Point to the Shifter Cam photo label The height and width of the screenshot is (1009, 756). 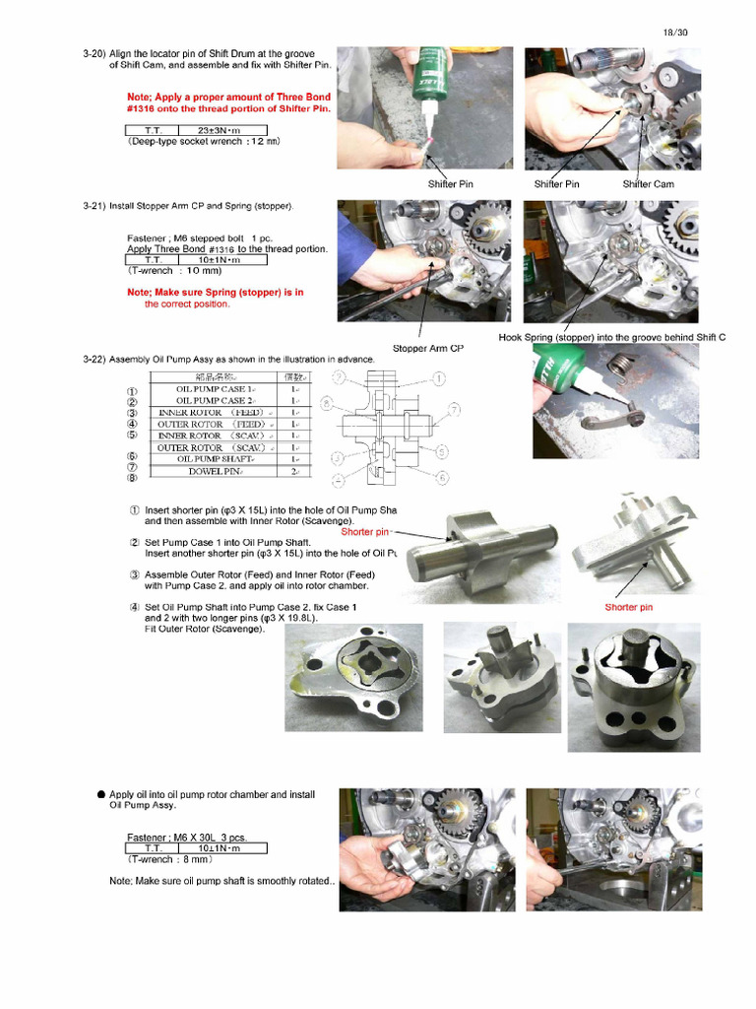click(x=648, y=183)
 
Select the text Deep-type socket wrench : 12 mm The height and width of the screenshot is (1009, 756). click(x=204, y=142)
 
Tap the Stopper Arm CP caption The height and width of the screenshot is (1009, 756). click(x=427, y=348)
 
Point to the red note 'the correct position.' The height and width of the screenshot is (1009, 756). click(x=187, y=304)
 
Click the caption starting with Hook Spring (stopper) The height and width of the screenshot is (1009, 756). click(x=611, y=337)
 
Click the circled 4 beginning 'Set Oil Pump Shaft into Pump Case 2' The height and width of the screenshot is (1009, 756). click(x=134, y=607)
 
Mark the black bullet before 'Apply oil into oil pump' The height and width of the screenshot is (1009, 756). click(x=100, y=794)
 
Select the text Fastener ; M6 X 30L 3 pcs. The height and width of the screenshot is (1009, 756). click(x=187, y=838)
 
